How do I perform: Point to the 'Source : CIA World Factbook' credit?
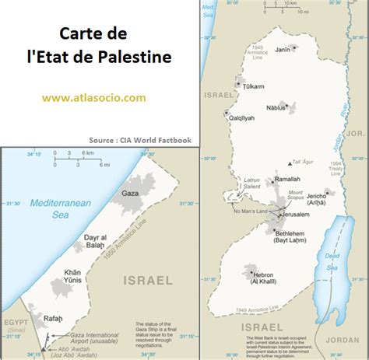tap(139, 139)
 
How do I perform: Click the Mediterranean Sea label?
tap(61, 209)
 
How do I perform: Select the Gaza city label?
tap(131, 192)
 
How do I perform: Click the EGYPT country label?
tap(16, 321)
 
